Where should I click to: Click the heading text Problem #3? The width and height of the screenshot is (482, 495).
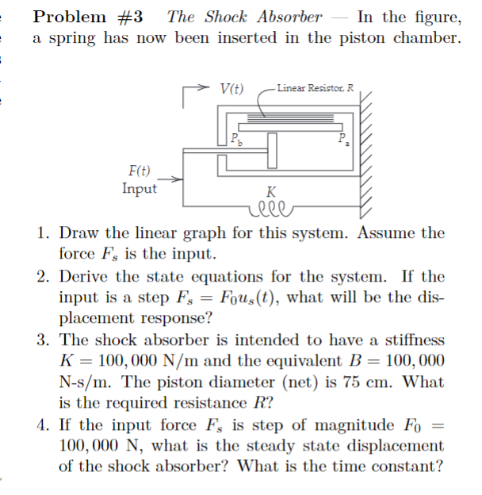[x=87, y=16]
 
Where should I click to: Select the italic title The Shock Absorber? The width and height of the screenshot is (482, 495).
[x=245, y=16]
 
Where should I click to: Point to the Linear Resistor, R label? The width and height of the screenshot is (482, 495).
[x=316, y=87]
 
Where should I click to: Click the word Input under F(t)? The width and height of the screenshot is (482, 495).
[x=140, y=188]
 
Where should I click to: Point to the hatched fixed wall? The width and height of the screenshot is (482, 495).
[x=367, y=155]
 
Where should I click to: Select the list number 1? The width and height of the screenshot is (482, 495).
[x=44, y=234]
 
